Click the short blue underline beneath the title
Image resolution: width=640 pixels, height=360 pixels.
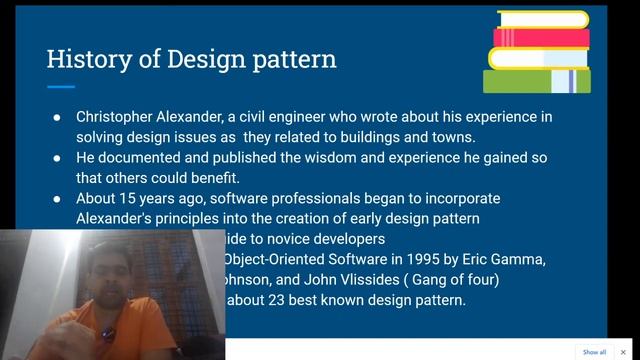click(61, 88)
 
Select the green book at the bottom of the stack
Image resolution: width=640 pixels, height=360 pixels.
click(536, 80)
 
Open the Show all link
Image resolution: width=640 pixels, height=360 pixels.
click(594, 352)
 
